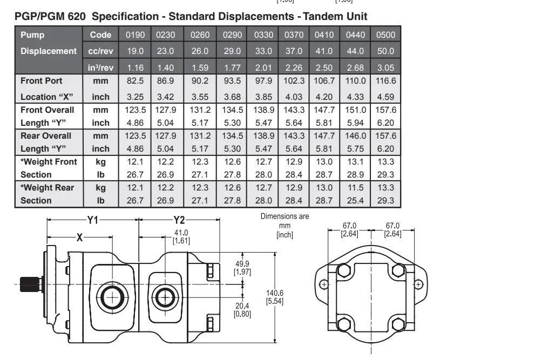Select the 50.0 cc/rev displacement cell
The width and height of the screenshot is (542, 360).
(x=386, y=51)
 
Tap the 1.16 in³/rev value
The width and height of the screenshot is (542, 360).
(x=135, y=68)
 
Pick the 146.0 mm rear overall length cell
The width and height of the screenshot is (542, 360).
(x=356, y=136)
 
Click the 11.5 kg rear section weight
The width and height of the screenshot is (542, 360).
(x=356, y=188)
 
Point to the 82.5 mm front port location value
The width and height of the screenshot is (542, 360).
(x=135, y=81)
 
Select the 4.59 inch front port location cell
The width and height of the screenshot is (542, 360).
(x=386, y=97)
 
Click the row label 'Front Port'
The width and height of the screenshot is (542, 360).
(x=42, y=81)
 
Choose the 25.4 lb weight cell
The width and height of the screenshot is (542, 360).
(x=356, y=201)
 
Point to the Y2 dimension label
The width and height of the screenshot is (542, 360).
(x=179, y=220)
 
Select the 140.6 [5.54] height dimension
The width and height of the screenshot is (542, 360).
(x=275, y=297)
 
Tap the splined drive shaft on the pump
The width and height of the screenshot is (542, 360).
(x=31, y=283)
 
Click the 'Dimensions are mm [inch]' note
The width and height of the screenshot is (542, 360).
(x=284, y=226)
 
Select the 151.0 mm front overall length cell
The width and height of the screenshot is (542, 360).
(x=356, y=110)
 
